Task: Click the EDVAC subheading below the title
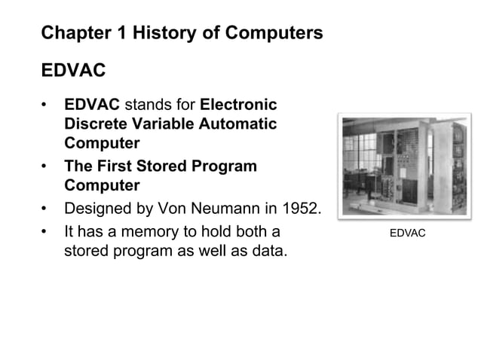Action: [x=73, y=72]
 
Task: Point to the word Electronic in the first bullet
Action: [x=238, y=104]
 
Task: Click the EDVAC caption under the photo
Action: [x=407, y=233]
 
